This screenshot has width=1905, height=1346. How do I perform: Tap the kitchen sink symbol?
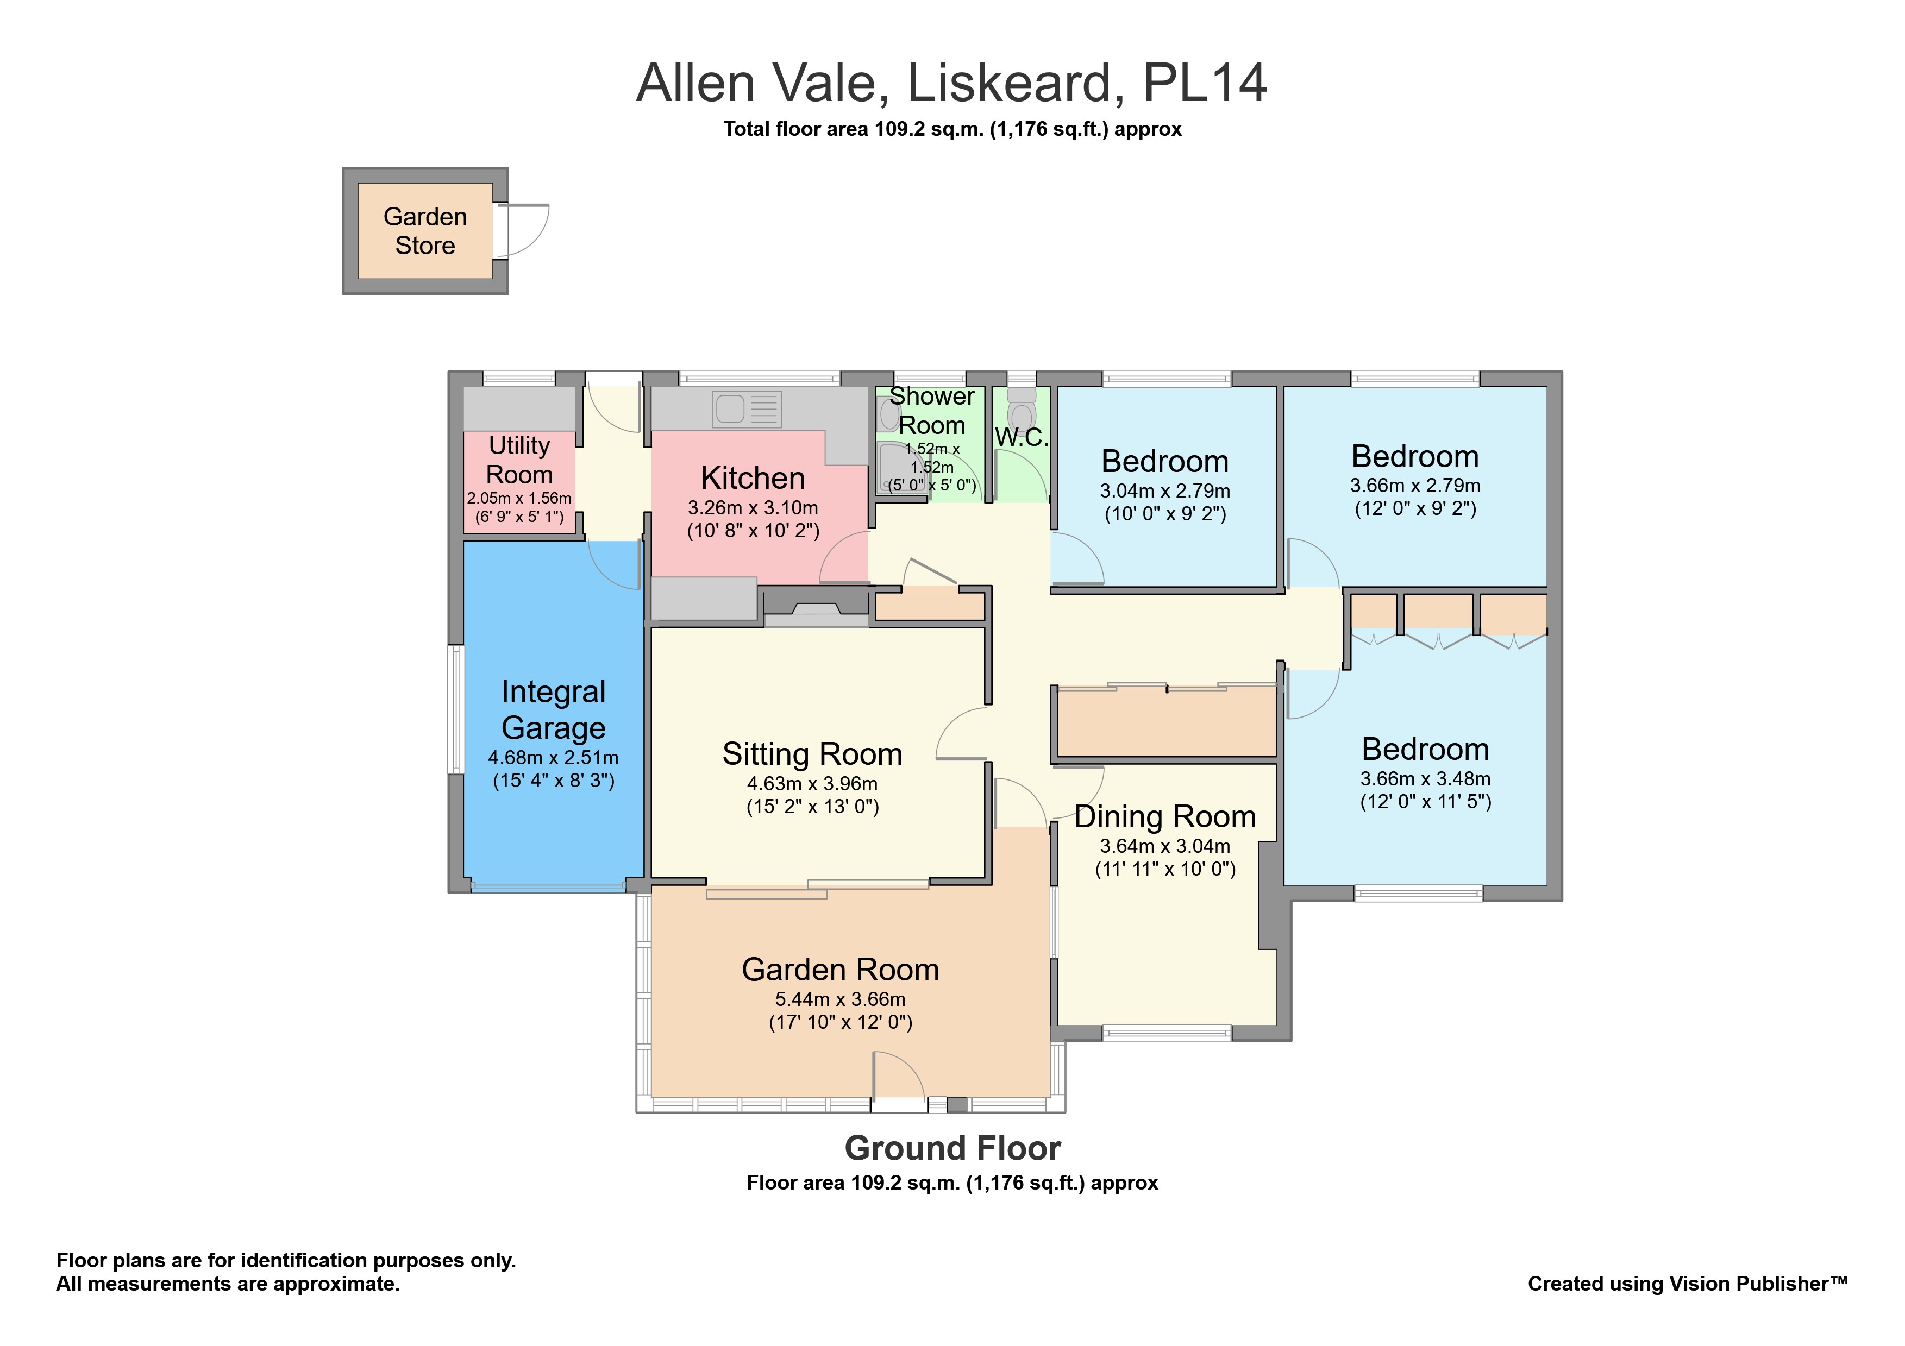[x=747, y=410]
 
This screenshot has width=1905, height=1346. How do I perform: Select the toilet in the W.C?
[x=1022, y=412]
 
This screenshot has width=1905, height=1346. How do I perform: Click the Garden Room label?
[x=839, y=970]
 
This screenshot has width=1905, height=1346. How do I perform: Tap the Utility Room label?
[x=519, y=460]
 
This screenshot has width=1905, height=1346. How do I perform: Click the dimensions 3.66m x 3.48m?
[x=1425, y=779]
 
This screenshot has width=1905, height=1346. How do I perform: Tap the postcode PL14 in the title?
[x=1205, y=83]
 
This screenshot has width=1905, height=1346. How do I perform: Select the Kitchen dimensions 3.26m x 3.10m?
[x=753, y=507]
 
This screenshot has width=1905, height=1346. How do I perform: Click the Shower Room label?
[x=932, y=411]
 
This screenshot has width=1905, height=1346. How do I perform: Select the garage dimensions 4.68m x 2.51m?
[x=554, y=757]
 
